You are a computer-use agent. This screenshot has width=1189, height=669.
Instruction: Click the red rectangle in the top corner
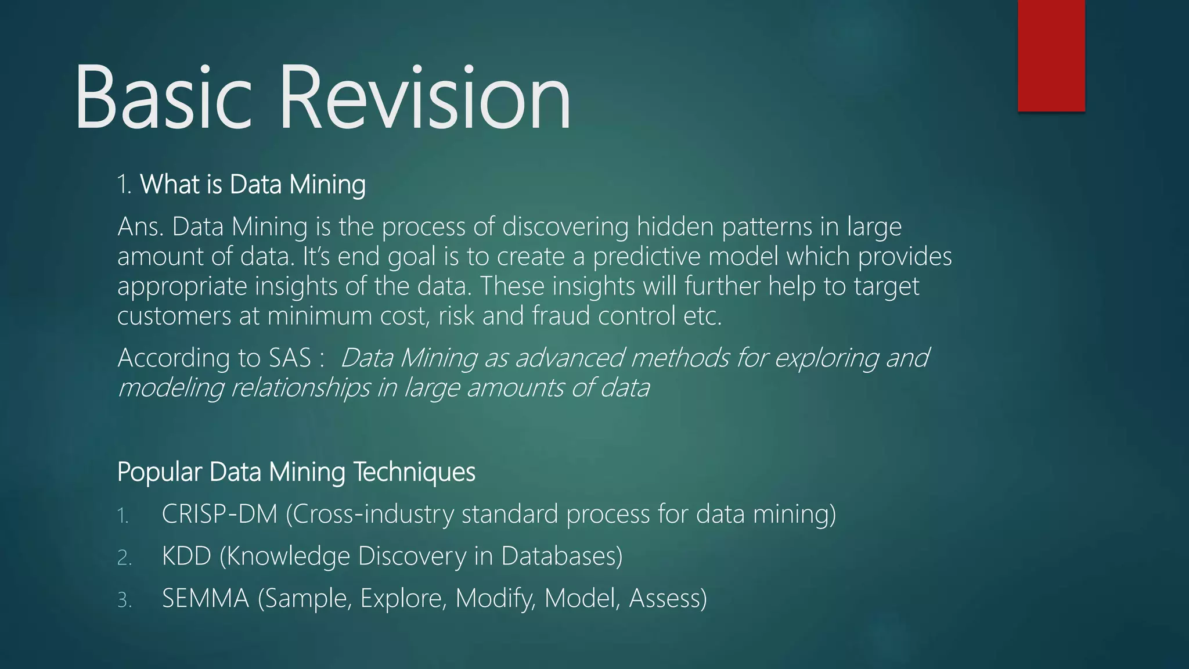pos(1051,55)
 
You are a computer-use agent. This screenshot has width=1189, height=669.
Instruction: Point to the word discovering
pos(565,226)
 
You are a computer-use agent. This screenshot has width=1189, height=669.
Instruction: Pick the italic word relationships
pos(300,388)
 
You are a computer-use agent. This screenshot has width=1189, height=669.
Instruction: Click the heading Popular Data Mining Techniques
pos(296,472)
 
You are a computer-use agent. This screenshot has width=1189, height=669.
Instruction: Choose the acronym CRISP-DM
pos(219,514)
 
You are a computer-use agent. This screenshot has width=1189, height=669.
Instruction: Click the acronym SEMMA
pos(206,598)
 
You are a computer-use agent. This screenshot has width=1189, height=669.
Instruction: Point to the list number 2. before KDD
pos(124,557)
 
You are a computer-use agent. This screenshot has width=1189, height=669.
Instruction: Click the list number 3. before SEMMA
pos(124,600)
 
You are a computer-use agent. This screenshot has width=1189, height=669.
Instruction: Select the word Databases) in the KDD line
pos(561,556)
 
